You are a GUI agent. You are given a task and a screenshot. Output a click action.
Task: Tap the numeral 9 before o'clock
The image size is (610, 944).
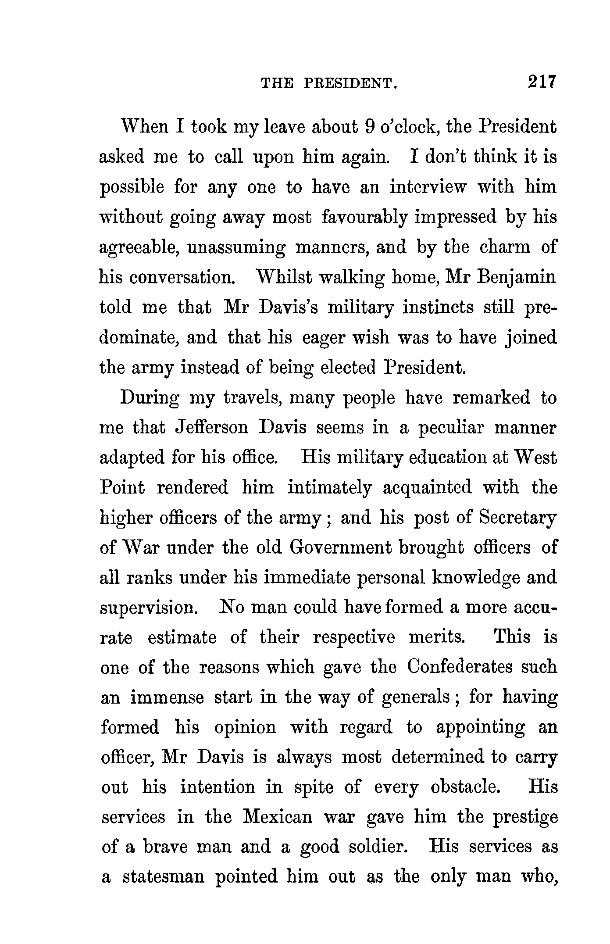369,127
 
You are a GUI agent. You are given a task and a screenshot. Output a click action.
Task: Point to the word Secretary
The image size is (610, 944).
517,518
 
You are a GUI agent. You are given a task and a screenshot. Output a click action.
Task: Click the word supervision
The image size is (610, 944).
151,608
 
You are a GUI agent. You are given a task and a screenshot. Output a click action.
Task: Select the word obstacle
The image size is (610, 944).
466,787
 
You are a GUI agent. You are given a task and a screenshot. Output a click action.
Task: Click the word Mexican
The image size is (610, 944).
277,817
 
